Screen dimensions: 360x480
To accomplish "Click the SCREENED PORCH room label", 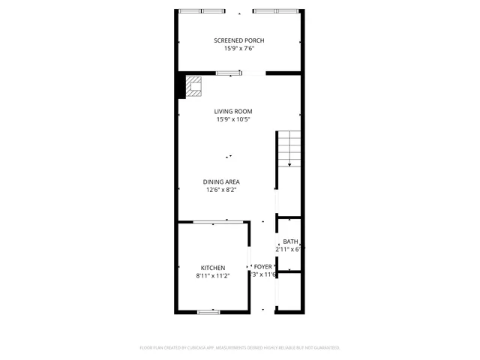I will [238, 40].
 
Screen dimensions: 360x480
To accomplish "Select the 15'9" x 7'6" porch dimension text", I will [238, 49].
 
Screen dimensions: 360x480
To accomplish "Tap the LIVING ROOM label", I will [232, 111].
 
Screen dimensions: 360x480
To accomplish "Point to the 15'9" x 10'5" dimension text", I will [232, 119].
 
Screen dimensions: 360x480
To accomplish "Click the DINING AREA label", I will [223, 181].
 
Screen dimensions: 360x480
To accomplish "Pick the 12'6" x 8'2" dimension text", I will [223, 190].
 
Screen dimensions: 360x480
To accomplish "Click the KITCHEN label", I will [213, 268].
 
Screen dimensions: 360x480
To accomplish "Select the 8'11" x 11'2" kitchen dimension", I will [213, 276].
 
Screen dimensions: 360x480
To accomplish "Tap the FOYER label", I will [262, 266].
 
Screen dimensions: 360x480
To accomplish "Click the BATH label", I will [290, 241].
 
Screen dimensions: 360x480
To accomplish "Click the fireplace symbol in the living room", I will [195, 87].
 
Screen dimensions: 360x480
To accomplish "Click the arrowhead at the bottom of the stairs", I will [289, 165].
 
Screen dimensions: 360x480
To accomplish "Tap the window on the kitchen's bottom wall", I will [208, 310].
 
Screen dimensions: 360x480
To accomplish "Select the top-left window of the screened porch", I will [201, 11].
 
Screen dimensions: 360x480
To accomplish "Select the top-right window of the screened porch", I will [274, 11].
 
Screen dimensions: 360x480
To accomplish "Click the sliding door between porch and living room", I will [229, 73].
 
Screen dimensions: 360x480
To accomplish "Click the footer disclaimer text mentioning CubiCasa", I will [240, 348].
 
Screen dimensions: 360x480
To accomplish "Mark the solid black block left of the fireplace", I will [181, 86].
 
